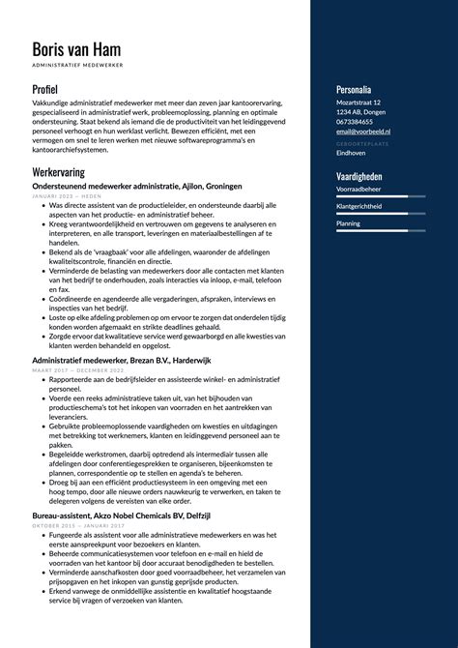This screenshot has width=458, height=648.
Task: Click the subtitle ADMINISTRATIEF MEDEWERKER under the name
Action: click(x=77, y=66)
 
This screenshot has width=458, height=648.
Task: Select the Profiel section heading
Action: click(x=45, y=89)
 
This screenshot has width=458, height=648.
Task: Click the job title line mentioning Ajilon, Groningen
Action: click(x=137, y=186)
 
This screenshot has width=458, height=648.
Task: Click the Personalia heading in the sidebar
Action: click(x=355, y=89)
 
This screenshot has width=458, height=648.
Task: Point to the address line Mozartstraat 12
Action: click(x=358, y=103)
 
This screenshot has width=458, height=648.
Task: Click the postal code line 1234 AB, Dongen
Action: click(x=362, y=112)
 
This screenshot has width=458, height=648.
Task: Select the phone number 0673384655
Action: click(x=357, y=122)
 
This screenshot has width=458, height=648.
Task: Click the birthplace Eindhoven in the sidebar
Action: click(x=351, y=153)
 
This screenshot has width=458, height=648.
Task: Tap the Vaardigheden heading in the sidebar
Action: click(x=359, y=177)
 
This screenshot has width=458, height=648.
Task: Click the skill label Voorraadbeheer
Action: click(x=358, y=189)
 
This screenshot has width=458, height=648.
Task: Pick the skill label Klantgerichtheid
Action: click(x=358, y=206)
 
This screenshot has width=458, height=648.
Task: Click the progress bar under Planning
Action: click(x=381, y=231)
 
